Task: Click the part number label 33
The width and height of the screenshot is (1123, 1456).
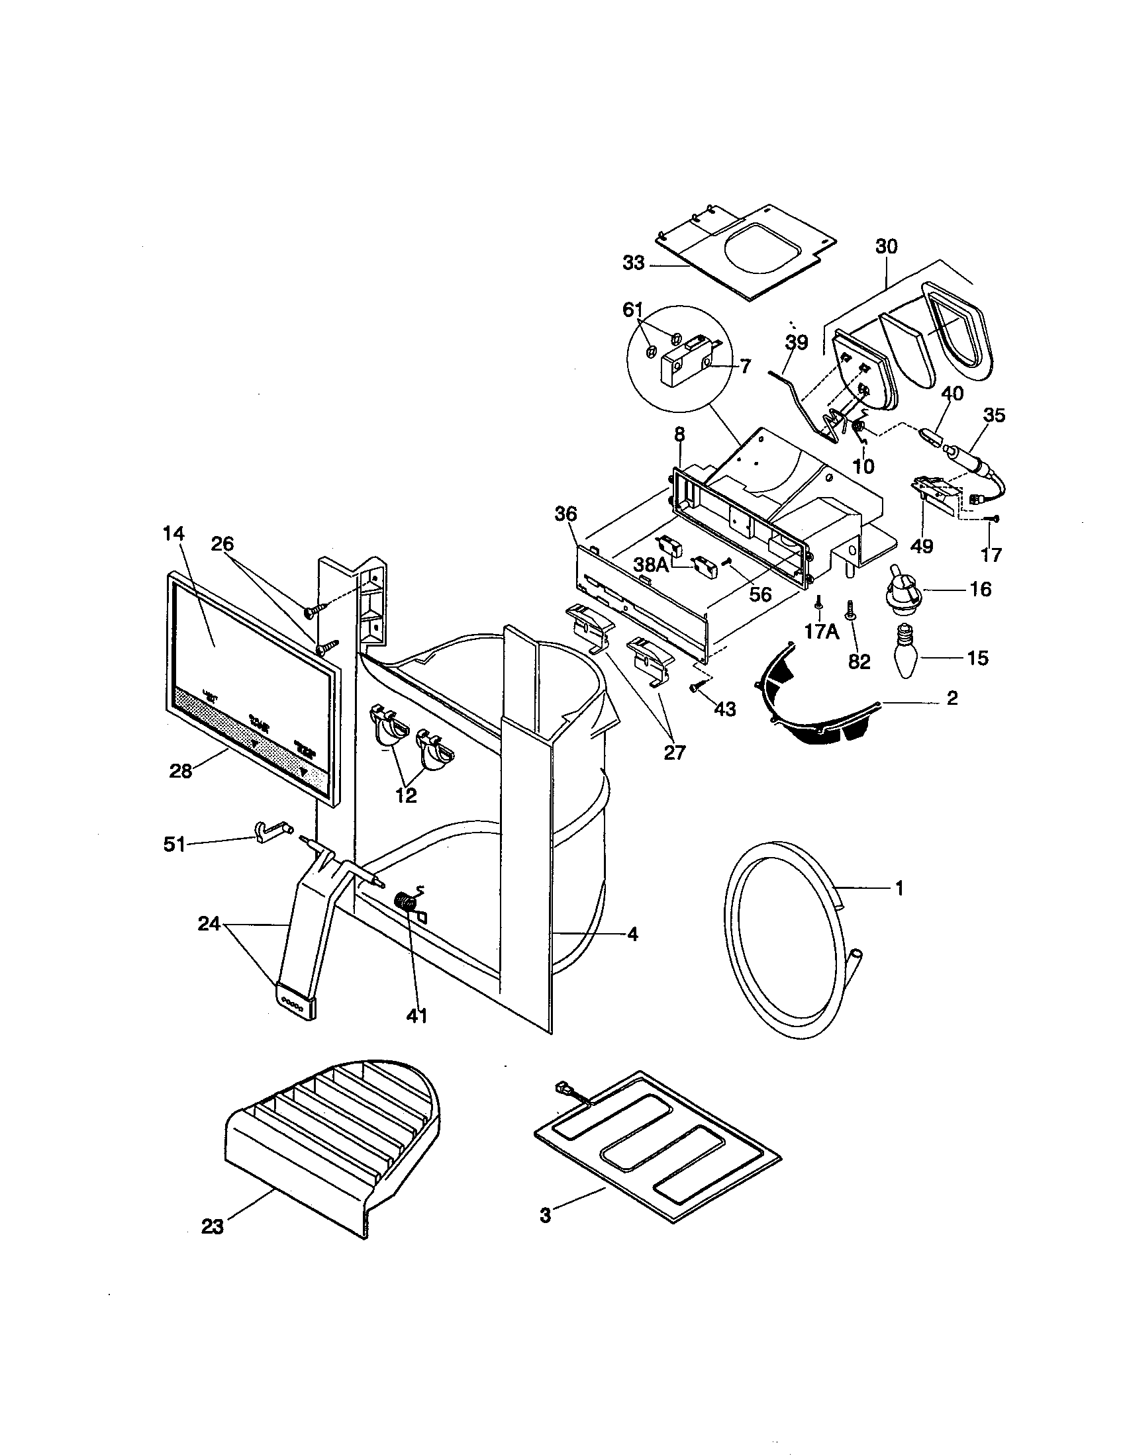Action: pos(634,264)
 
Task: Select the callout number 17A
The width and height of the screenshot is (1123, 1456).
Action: pos(820,631)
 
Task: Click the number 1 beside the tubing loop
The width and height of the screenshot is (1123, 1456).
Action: pos(899,888)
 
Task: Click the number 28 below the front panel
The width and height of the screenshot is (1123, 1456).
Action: pos(181,771)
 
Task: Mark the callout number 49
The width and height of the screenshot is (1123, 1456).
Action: pos(923,546)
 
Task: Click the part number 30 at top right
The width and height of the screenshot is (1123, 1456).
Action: pos(886,247)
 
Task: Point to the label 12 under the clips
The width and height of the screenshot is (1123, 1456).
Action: pos(406,796)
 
